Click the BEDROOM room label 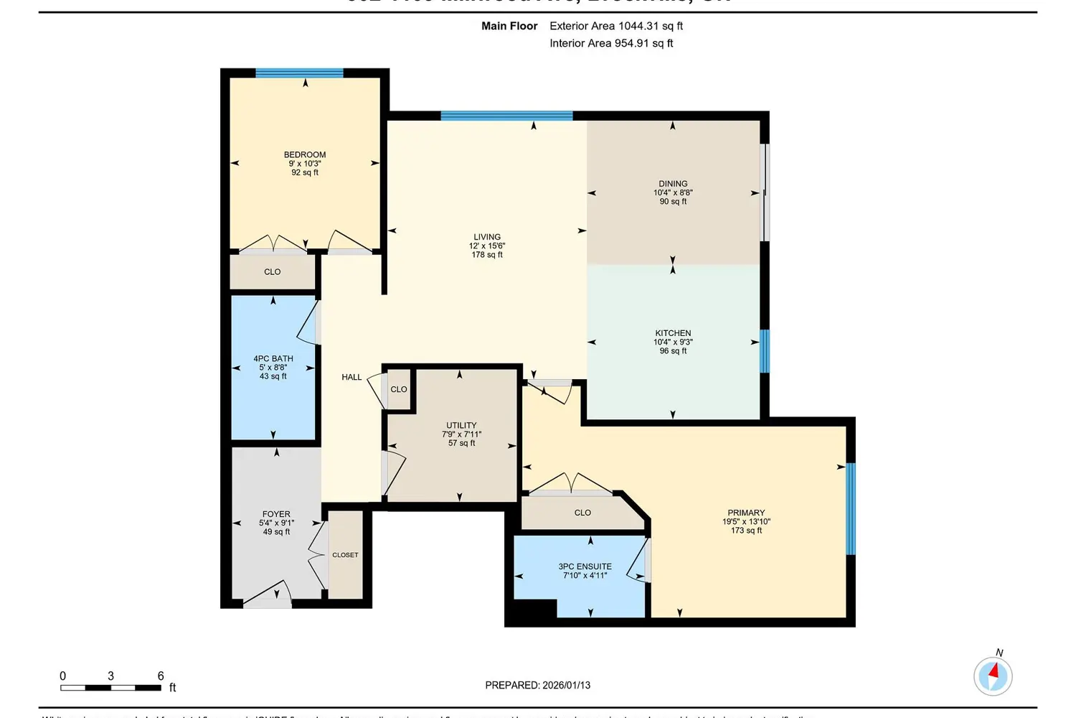pos(305,155)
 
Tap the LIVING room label pos(487,237)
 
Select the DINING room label pos(673,184)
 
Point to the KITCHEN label pos(673,333)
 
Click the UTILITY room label pos(461,426)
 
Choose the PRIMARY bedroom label pos(746,513)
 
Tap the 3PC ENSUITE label pos(585,567)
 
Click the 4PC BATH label pos(273,359)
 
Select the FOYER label pos(276,514)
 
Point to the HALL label pos(351,378)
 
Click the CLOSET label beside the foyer pos(345,555)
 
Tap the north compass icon pos(993,675)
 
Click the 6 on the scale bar pos(161,676)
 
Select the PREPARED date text pos(537,686)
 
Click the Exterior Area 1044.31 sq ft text pos(615,26)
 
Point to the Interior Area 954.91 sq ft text pos(611,43)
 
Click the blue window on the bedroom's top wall pos(299,73)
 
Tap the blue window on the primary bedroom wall pos(851,508)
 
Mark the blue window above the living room pos(506,116)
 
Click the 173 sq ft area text pos(746,531)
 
